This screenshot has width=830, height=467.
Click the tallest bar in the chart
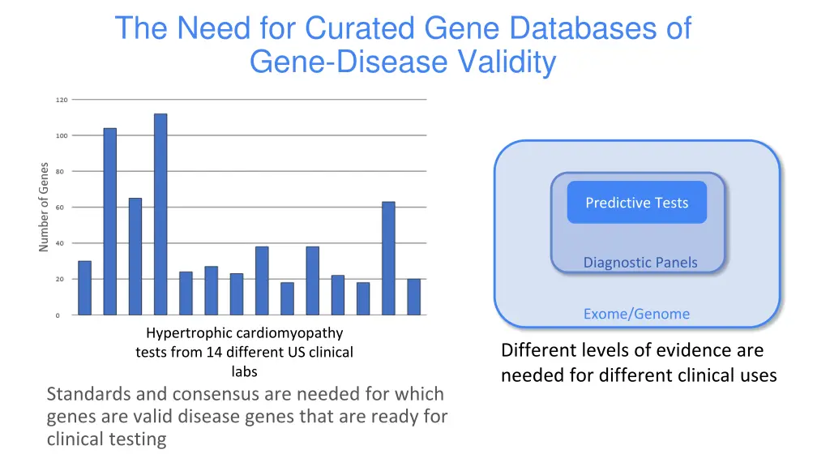160,214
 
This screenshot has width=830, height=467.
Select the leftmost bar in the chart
84,288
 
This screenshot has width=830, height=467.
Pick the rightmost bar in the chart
414,297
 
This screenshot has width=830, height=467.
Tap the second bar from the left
109,221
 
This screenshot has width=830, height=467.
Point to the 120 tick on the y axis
62,100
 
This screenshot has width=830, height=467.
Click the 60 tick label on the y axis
62,208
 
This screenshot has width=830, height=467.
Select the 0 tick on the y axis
57,315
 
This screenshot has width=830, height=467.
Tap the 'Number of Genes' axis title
44,208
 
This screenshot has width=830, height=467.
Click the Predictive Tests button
636,203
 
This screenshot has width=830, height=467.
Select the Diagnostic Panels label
640,262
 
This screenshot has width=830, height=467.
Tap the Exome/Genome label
636,314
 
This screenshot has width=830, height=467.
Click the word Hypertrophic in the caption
189,333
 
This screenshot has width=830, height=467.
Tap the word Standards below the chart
88,395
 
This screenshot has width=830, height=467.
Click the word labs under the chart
244,372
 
